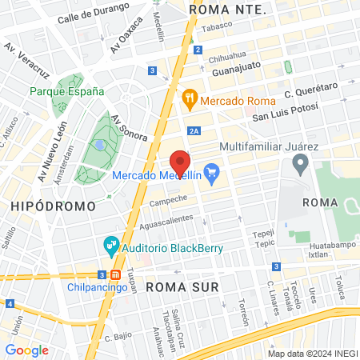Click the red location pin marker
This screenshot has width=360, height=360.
pos(180,162)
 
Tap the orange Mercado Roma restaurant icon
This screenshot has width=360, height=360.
pos(190,101)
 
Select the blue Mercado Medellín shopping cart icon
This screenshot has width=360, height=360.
pos(212,172)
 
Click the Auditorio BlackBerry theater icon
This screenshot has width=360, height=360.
pos(111,244)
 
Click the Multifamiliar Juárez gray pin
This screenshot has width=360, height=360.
pos(301,165)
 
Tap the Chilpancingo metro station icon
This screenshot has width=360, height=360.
pos(116,275)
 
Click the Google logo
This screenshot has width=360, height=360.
pos(26,350)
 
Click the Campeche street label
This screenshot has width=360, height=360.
pos(168,198)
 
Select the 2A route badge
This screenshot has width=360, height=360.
pos(194,131)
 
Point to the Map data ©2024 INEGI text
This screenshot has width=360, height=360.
pos(312,354)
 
